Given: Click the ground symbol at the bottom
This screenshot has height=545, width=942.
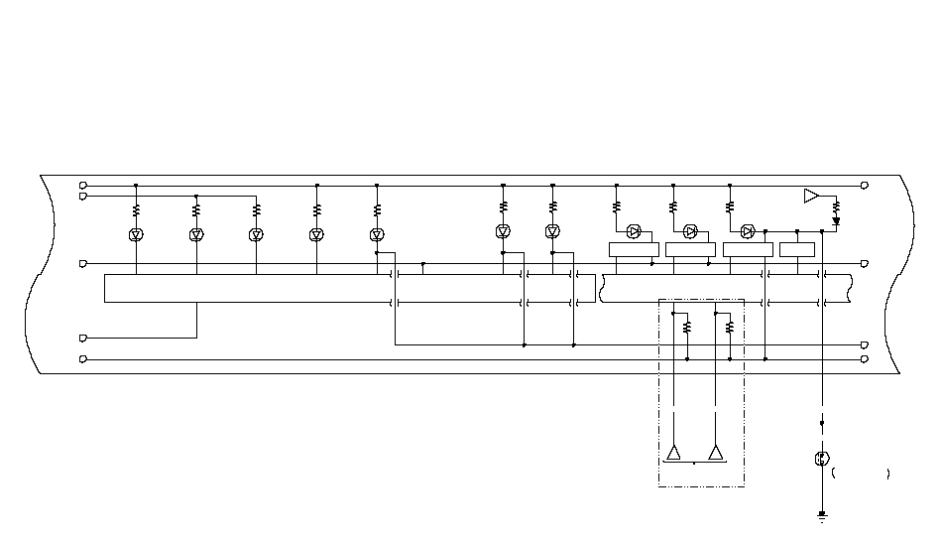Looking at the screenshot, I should pyautogui.click(x=822, y=517).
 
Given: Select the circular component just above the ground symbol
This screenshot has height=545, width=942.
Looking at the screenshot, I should pyautogui.click(x=821, y=459).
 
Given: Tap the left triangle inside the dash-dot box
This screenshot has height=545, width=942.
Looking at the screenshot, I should pyautogui.click(x=673, y=454).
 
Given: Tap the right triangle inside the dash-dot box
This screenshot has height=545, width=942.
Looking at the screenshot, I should pyautogui.click(x=716, y=454).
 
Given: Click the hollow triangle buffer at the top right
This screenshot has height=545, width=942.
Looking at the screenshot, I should pyautogui.click(x=811, y=196).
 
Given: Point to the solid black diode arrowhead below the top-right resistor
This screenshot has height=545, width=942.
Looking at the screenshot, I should pyautogui.click(x=836, y=222).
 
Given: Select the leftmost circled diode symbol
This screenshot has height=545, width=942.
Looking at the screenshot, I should pyautogui.click(x=136, y=234).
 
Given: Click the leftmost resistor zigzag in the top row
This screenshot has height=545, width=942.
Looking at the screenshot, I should pyautogui.click(x=136, y=210).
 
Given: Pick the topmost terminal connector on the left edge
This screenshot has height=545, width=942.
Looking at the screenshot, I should pyautogui.click(x=83, y=186).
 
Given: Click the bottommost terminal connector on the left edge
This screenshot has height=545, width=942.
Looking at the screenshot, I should pyautogui.click(x=83, y=358).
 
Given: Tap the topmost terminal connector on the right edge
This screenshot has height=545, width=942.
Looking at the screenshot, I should pyautogui.click(x=865, y=186).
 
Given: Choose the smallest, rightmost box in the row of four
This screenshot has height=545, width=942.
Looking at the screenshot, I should pyautogui.click(x=797, y=249).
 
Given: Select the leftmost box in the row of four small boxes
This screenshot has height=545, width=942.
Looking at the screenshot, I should pyautogui.click(x=633, y=249).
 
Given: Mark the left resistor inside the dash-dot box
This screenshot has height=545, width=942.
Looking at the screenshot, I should pyautogui.click(x=686, y=326).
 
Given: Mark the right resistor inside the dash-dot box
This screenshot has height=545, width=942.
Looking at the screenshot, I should pyautogui.click(x=730, y=326).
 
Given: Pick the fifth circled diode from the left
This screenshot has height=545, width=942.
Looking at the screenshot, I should pyautogui.click(x=377, y=234).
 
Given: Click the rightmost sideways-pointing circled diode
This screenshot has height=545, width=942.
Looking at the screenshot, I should pyautogui.click(x=748, y=232).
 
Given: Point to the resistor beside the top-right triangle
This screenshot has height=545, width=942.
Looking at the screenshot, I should pyautogui.click(x=836, y=207).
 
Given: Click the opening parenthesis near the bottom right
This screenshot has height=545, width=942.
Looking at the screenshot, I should pyautogui.click(x=834, y=474).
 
